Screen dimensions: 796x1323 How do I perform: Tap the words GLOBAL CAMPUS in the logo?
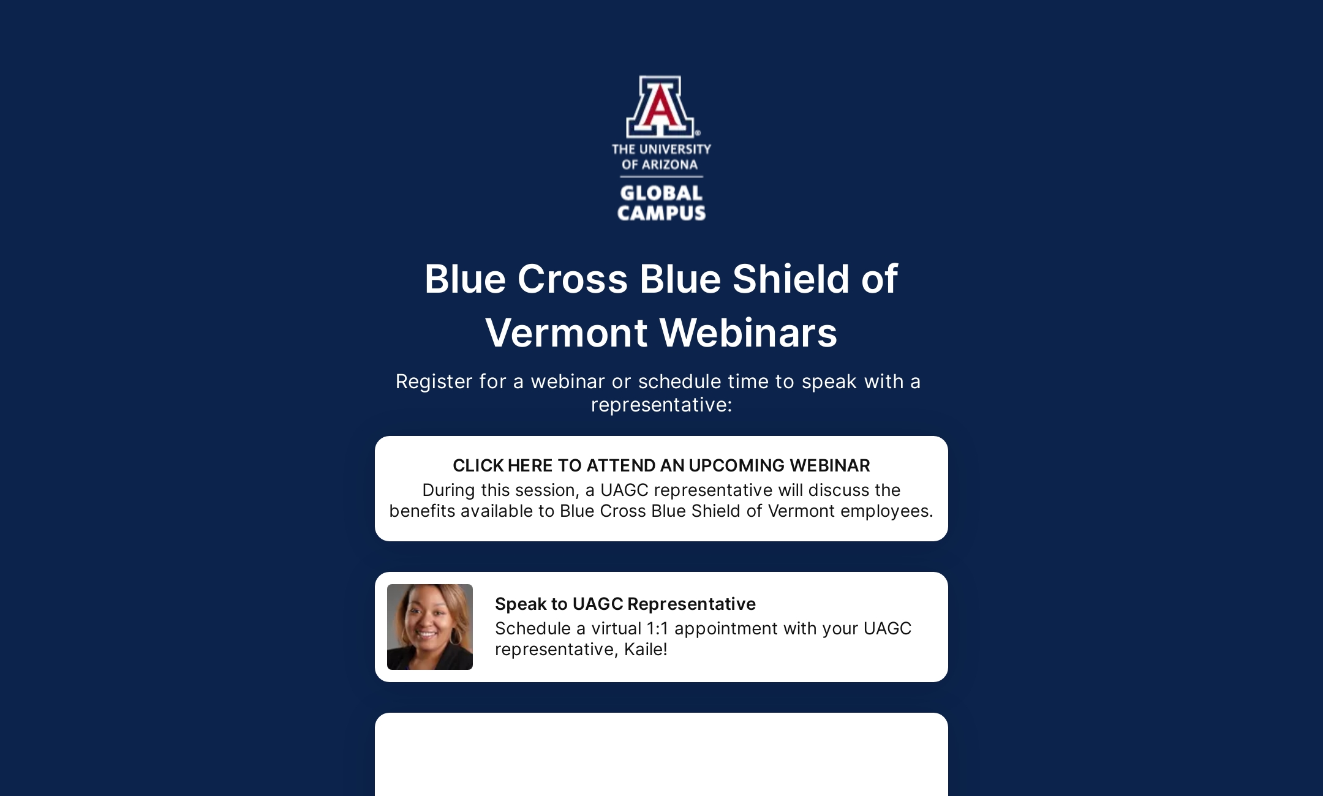point(661,203)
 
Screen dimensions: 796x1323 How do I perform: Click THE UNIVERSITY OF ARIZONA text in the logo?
point(661,157)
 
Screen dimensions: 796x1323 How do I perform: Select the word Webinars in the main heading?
point(748,333)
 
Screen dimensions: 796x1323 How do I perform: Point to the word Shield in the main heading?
point(790,279)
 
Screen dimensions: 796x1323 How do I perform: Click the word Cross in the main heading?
point(572,279)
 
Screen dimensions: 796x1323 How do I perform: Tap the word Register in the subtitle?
point(434,381)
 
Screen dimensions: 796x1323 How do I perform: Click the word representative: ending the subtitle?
point(661,405)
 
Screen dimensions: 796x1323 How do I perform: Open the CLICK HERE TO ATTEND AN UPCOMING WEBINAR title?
point(661,465)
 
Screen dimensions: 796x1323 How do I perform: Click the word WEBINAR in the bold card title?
point(830,465)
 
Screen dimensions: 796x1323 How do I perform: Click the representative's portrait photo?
point(430,626)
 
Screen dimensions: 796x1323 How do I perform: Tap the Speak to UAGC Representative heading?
point(625,604)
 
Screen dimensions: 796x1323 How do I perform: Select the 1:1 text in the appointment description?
point(657,628)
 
